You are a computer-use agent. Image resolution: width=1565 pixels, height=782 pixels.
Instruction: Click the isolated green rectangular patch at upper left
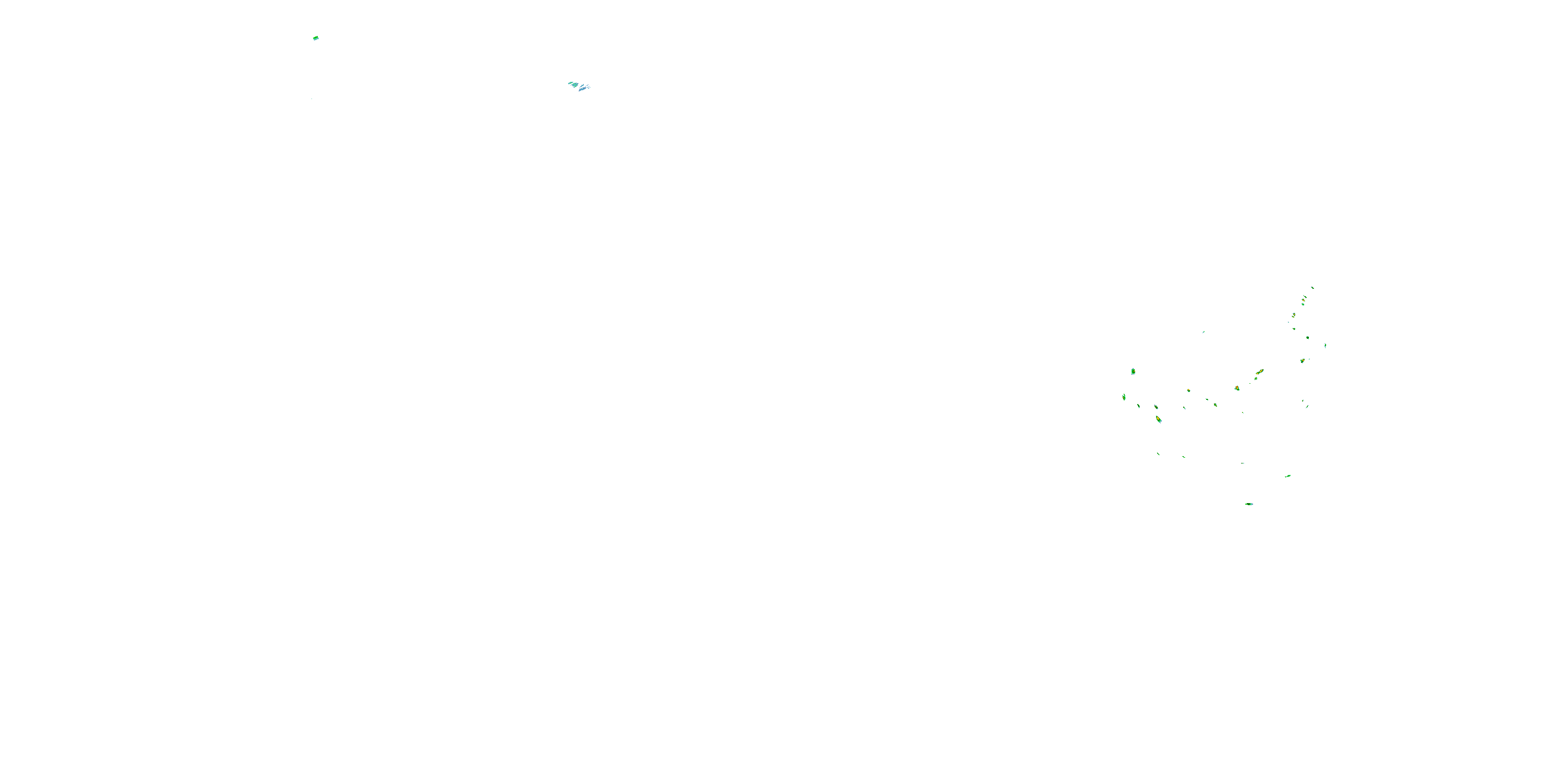315,38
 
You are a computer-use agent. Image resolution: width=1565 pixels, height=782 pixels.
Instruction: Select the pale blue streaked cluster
580,86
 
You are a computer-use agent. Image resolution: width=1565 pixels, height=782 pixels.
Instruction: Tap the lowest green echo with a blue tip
1249,504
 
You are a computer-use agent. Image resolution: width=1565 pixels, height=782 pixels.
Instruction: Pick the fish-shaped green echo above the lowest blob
1287,476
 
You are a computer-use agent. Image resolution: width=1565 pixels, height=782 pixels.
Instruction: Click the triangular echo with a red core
1237,388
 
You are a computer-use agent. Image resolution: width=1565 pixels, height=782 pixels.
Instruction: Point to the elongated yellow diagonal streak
1259,372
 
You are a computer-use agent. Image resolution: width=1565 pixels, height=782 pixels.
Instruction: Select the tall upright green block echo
1133,371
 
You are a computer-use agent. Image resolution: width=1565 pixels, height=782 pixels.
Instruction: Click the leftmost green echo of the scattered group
1124,397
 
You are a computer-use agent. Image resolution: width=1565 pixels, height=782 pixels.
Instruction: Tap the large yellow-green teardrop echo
1159,419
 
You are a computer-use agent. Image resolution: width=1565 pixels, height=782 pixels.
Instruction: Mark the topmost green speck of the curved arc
1313,287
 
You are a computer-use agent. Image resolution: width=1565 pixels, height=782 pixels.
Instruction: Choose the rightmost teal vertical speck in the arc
1325,346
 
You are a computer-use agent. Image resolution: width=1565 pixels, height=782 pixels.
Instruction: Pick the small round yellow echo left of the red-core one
1188,390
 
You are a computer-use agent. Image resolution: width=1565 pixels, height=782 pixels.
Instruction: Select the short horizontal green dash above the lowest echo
1243,462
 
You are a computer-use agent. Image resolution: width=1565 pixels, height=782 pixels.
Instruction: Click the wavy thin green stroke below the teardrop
1159,454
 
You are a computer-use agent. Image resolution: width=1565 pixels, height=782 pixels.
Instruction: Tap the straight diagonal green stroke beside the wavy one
1184,457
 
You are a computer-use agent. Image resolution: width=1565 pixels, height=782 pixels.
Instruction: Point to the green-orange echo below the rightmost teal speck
1303,361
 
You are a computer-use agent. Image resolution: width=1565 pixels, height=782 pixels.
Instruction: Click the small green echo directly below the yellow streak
1256,379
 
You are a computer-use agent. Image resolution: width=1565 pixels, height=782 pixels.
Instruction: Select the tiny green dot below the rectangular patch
311,99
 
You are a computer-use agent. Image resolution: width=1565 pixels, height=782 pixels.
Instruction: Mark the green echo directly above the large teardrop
1156,407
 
